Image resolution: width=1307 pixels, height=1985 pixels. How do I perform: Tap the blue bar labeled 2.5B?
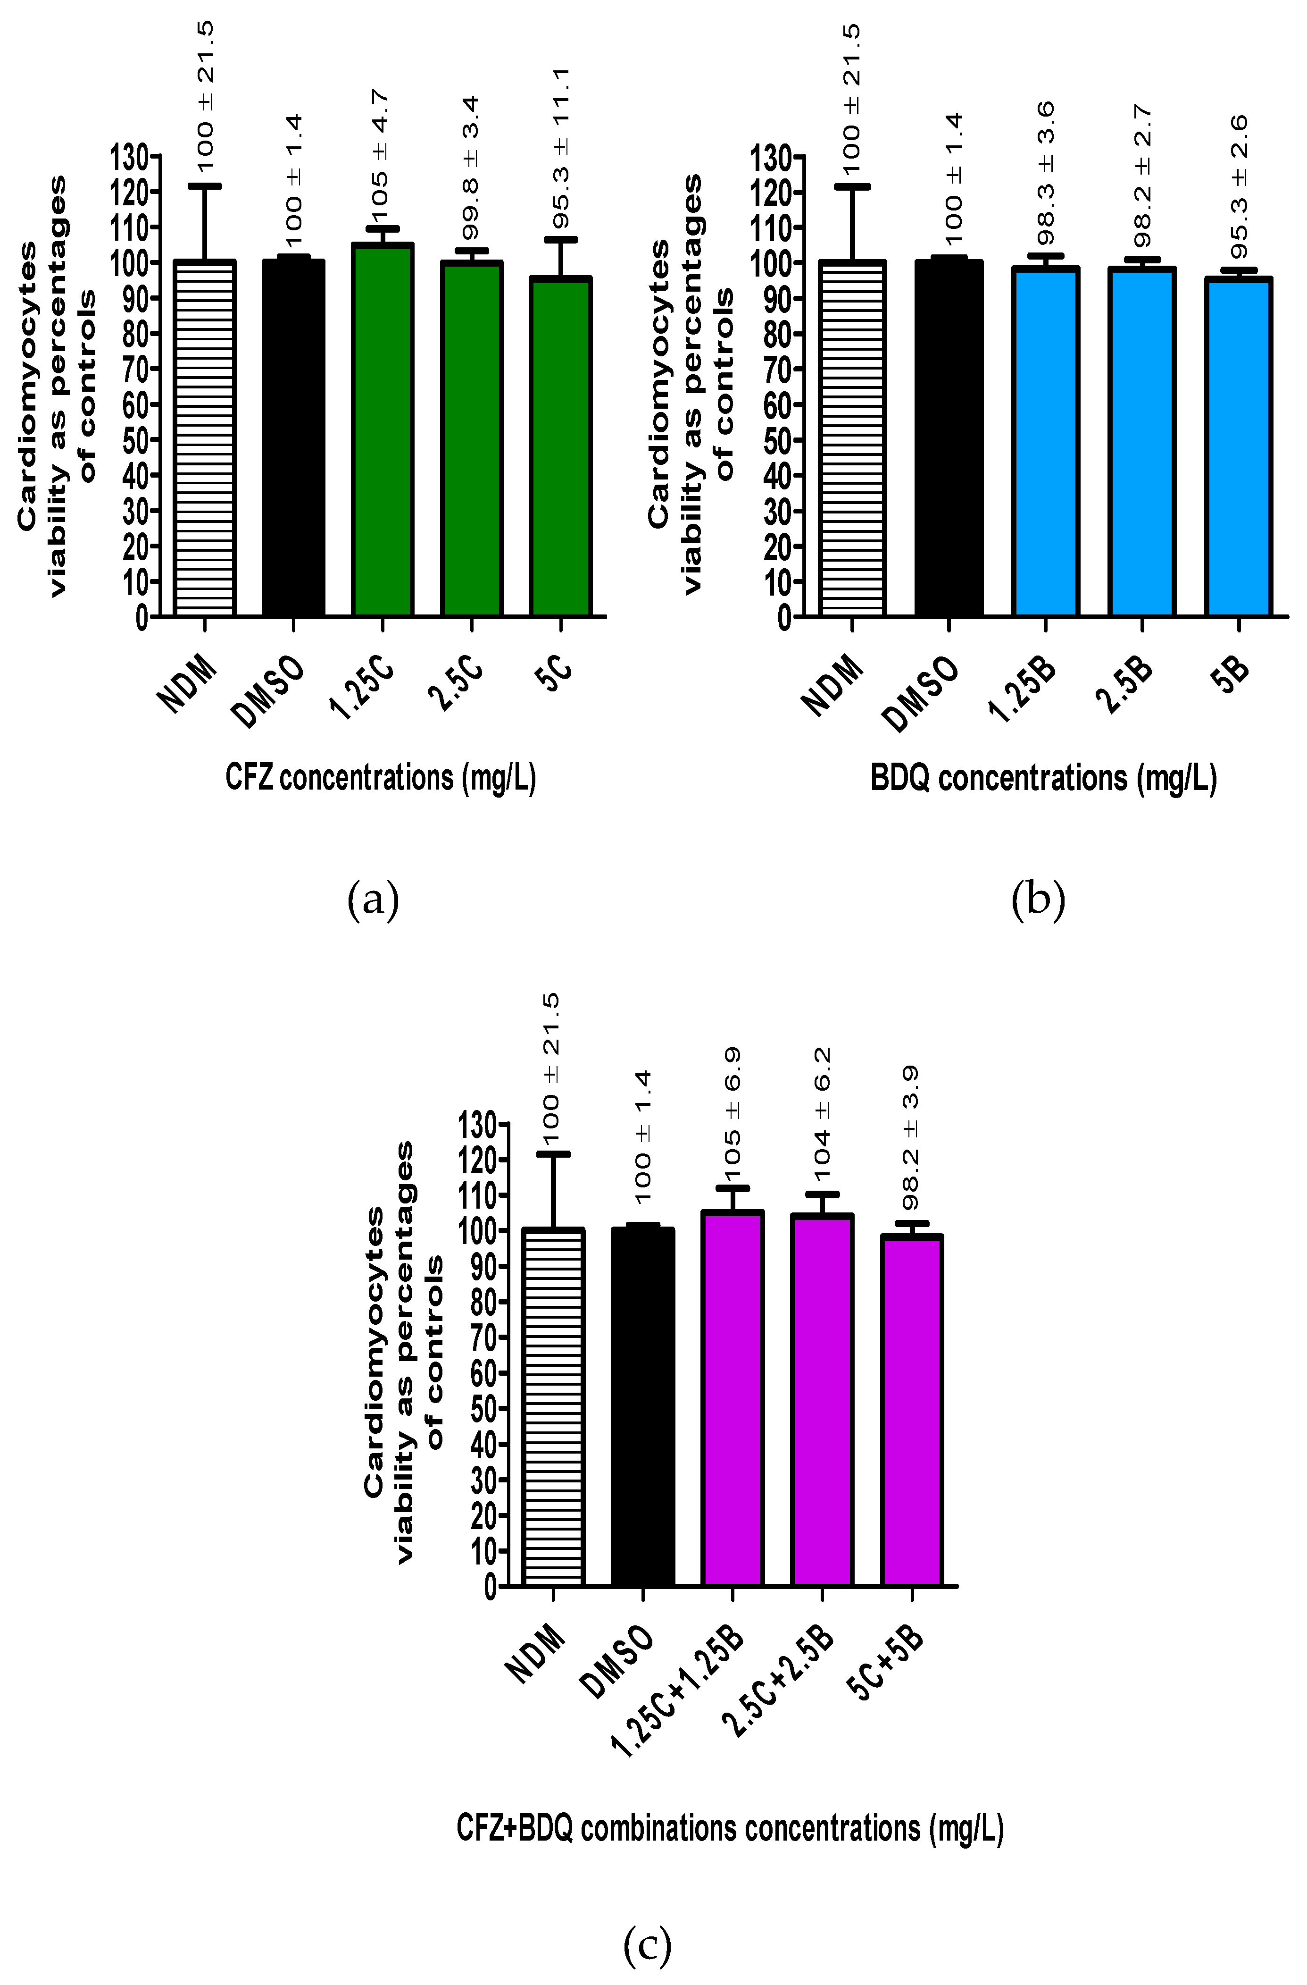pos(1142,442)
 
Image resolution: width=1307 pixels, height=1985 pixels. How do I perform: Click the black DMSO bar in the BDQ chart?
pos(949,439)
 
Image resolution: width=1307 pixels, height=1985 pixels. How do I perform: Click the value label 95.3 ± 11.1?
pos(561,150)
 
